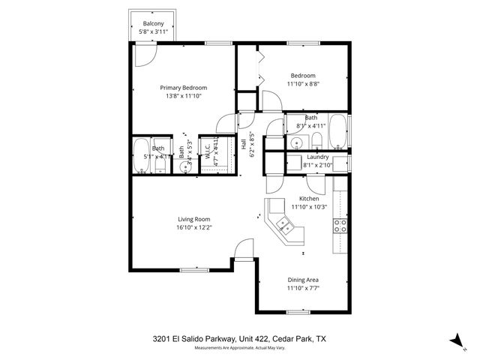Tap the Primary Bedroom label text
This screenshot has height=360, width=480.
point(183,88)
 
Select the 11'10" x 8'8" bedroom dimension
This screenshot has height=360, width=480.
point(303,85)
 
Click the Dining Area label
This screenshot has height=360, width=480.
point(303,280)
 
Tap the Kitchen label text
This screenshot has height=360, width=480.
point(309,199)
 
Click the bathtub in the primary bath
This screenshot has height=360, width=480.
point(141,156)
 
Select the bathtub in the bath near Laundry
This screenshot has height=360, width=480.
point(337,132)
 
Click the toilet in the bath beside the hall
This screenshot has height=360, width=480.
point(316,141)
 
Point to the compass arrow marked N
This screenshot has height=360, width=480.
point(455,340)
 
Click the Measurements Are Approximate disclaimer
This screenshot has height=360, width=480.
point(240,348)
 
